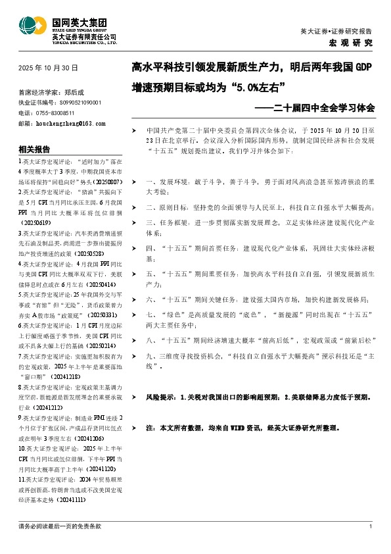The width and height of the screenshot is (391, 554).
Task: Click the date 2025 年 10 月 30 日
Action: tap(49, 68)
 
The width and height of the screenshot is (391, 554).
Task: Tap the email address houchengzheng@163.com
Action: tap(72, 123)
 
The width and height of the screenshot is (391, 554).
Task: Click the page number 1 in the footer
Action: tap(371, 526)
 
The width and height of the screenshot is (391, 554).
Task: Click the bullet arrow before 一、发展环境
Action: tap(134, 180)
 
